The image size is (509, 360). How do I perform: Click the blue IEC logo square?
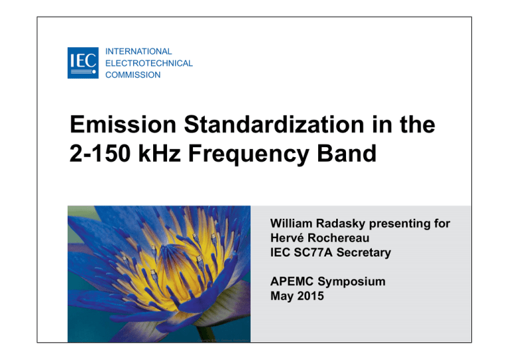click(82, 63)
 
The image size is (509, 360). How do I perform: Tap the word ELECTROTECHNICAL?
click(149, 63)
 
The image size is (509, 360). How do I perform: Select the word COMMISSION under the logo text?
click(133, 75)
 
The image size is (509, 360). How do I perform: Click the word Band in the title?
click(347, 154)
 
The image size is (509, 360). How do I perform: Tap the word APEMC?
click(292, 282)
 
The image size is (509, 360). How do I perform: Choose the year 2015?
click(310, 295)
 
